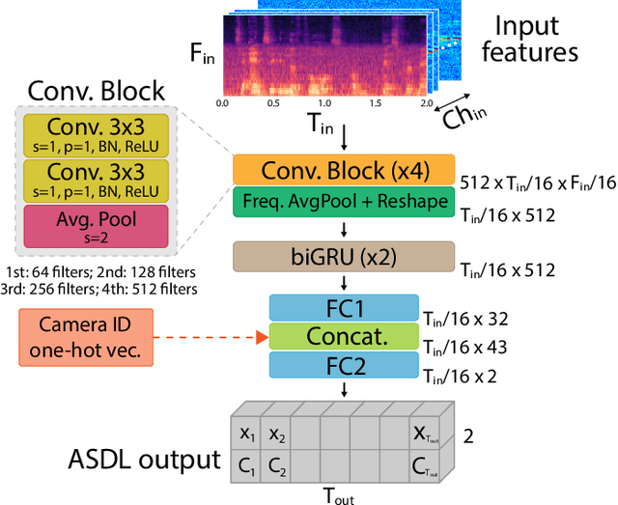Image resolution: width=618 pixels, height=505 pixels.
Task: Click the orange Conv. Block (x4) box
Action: coord(344,171)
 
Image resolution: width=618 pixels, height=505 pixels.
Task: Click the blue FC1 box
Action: coord(344,309)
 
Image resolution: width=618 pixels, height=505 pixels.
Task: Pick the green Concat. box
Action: coord(344,337)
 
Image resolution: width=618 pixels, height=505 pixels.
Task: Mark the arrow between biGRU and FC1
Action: coord(344,284)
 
